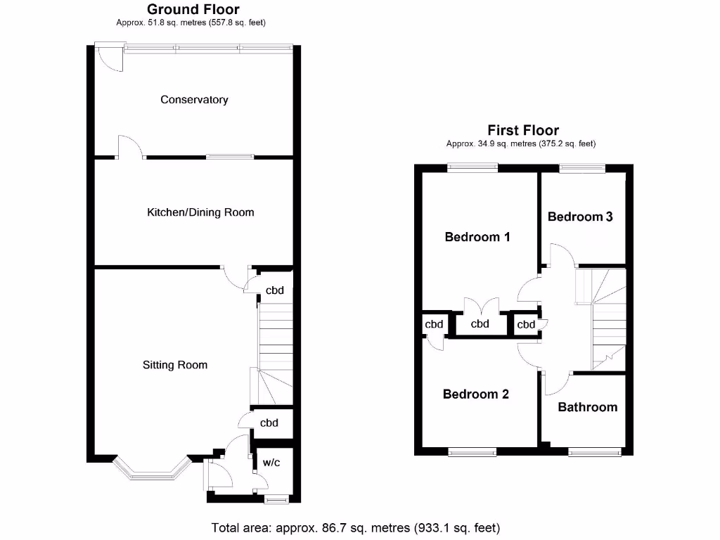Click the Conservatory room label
194,100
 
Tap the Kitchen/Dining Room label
200,212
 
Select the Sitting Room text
175,365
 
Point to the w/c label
271,463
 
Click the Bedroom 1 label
477,237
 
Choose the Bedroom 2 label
475,394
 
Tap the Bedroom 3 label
580,217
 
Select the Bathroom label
587,407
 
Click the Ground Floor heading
193,10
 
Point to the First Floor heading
523,130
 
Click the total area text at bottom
356,527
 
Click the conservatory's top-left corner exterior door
109,59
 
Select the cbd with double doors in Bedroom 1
480,324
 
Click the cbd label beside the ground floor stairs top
274,290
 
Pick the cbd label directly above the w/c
269,423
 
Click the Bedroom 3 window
581,167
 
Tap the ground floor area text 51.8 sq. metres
191,22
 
